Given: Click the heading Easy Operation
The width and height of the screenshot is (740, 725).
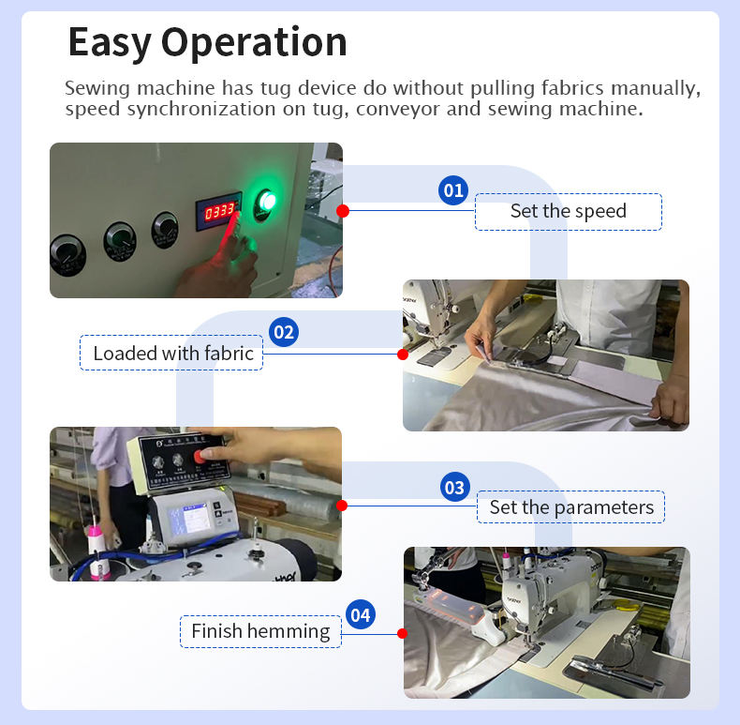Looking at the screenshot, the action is click(208, 42).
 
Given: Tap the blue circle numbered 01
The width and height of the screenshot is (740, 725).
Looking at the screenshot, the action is click(453, 190).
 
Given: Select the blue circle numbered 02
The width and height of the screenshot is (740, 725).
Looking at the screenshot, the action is click(284, 332).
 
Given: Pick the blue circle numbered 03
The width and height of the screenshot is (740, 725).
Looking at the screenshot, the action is click(454, 488).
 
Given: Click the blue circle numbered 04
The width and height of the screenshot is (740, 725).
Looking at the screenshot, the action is click(361, 615).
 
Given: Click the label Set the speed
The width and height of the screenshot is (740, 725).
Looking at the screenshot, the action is click(569, 212).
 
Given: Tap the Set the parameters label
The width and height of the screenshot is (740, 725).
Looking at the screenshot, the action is click(571, 507).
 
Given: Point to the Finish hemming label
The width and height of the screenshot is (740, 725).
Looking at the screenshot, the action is click(260, 631).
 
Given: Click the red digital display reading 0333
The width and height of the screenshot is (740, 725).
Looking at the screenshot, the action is click(219, 211).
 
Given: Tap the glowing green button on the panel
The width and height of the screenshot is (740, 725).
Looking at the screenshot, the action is click(266, 203).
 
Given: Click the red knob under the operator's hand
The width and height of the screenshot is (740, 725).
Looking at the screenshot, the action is click(200, 456).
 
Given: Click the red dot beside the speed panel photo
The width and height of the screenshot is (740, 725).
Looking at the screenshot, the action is click(343, 211).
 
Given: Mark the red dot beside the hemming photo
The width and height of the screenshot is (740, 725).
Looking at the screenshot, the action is click(403, 633).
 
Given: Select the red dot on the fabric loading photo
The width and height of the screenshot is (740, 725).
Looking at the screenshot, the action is click(403, 354).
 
